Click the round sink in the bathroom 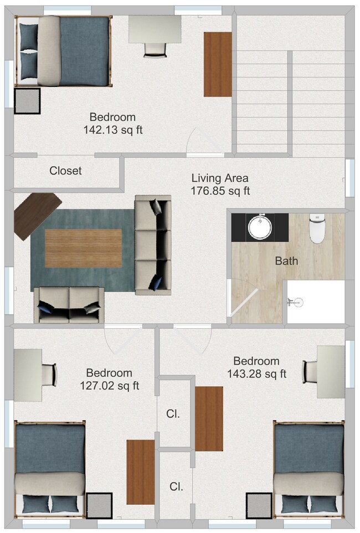coord(260,227)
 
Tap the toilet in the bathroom coord(317,229)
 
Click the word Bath coord(286,260)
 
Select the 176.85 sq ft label coord(221,191)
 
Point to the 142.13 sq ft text coord(112,130)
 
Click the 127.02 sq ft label coord(109,385)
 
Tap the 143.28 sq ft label coord(256,374)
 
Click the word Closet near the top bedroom coord(65,171)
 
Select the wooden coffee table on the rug coord(83,248)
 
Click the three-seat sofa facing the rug coord(152,244)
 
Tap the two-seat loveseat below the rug coord(69,304)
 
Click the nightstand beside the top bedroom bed coord(27,101)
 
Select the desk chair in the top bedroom coord(156,49)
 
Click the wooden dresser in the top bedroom coord(218,64)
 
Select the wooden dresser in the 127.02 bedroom coord(140,472)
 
